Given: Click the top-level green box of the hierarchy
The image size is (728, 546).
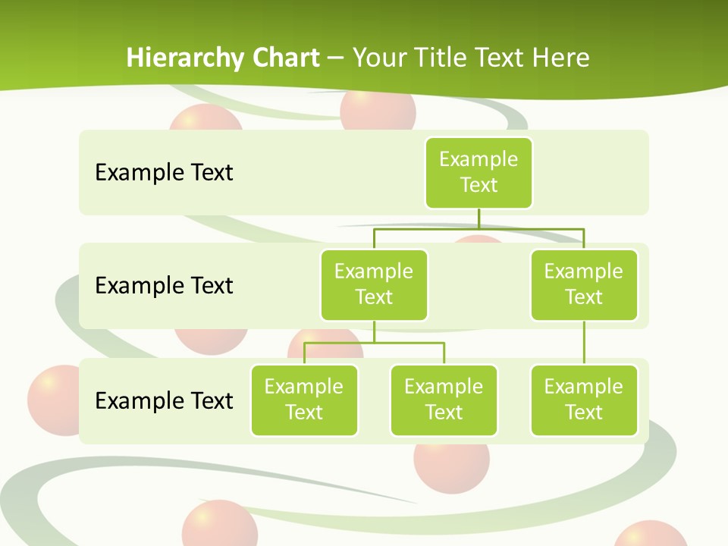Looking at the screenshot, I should (x=479, y=172).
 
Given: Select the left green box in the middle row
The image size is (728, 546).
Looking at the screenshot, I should (x=374, y=284).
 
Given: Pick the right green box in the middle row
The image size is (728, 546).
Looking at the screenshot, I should (x=584, y=284).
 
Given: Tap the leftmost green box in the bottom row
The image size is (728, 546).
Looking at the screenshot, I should (x=304, y=400).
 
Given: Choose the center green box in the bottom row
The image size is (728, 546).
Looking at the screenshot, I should (x=444, y=400).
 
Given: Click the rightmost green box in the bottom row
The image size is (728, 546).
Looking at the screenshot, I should (x=584, y=400).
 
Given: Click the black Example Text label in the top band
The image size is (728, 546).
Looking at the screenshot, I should (x=164, y=172).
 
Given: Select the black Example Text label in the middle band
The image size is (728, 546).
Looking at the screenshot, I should (x=164, y=285).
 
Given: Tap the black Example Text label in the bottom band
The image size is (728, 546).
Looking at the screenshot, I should (x=164, y=400).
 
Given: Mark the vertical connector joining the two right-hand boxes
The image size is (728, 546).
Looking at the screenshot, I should (x=584, y=343).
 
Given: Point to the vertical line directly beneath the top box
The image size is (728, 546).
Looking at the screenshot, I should (x=479, y=218).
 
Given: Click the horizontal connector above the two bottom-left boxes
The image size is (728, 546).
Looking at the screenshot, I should (x=374, y=343).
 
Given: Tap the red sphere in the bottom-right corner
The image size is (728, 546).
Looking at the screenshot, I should (x=648, y=535).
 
